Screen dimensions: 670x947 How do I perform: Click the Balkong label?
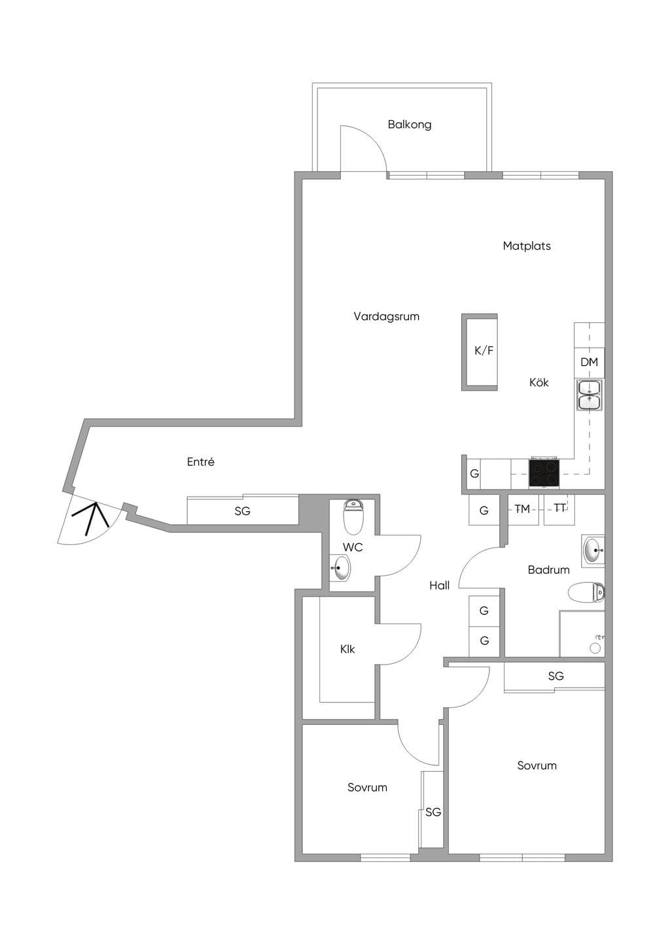410,125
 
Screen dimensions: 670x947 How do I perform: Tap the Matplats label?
527,246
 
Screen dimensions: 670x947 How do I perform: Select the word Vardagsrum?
387,316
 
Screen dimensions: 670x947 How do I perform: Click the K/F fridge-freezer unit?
479,352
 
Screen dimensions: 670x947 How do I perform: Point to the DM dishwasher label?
589,362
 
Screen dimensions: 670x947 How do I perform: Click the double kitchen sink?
589,395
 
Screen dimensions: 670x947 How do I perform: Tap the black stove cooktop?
544,473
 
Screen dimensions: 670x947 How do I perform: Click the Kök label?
538,382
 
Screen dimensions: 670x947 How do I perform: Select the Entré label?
201,461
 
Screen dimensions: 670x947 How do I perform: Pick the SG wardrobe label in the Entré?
243,511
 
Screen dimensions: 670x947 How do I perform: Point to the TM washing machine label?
522,509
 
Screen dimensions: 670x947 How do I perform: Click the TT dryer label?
559,508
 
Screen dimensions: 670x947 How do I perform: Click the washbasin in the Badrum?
593,550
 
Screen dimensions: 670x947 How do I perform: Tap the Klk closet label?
347,649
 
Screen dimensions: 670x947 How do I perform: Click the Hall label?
439,585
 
